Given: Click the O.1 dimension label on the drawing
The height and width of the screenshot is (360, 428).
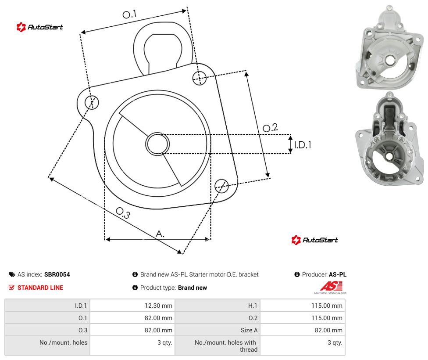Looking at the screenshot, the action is click(x=129, y=14).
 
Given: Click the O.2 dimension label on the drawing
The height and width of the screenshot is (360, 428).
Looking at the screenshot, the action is click(x=270, y=128).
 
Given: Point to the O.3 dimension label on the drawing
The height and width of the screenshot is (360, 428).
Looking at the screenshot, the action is click(x=123, y=213).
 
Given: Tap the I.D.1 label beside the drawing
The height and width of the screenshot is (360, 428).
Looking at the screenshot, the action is click(x=303, y=145).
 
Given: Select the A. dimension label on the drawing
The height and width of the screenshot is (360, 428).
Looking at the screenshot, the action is click(x=160, y=234).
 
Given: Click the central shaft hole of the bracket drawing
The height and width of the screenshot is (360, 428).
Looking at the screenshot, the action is click(x=157, y=144).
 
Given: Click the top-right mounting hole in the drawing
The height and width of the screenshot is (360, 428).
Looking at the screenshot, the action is click(x=200, y=78).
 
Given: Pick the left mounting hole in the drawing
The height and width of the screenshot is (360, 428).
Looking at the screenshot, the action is click(x=92, y=102).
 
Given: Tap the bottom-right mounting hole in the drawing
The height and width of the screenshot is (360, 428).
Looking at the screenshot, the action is click(x=221, y=186).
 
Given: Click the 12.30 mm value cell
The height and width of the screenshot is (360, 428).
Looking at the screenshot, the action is click(x=158, y=306).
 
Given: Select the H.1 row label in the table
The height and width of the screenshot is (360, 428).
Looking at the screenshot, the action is click(x=253, y=306).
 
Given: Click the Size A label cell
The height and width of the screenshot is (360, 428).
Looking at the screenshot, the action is click(x=249, y=330).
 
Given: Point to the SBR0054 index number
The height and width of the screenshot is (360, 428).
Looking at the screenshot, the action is click(x=57, y=274).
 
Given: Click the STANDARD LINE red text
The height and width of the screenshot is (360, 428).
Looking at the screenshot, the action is click(x=40, y=288).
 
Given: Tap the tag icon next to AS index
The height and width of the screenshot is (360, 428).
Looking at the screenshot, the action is click(x=12, y=274).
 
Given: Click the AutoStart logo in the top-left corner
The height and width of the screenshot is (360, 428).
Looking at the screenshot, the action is click(x=40, y=27).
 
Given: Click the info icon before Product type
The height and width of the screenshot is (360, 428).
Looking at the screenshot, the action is click(x=135, y=288).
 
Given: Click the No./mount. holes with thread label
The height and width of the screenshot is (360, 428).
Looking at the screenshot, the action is click(x=226, y=346).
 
